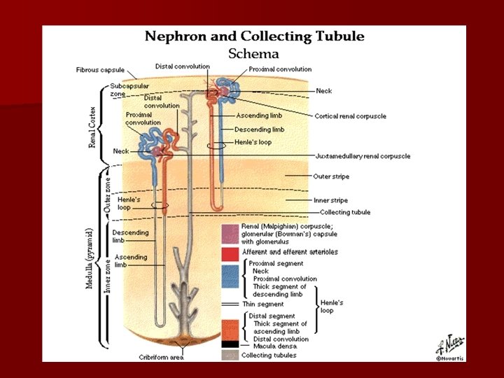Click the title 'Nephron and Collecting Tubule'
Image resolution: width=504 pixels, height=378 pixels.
[254, 36]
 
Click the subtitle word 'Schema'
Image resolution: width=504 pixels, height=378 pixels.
[253, 54]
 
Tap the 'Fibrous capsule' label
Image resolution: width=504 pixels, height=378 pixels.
[100, 70]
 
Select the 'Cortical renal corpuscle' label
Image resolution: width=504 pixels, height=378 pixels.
[351, 116]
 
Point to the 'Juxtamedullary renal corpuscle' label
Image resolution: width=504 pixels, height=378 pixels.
[363, 156]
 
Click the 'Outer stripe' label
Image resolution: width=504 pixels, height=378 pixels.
[331, 176]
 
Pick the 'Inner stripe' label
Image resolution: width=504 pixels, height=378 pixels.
[331, 200]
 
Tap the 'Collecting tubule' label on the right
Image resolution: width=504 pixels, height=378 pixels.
[345, 212]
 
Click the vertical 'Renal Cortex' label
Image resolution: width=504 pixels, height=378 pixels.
[92, 124]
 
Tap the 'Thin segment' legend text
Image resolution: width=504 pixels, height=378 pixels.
[262, 304]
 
